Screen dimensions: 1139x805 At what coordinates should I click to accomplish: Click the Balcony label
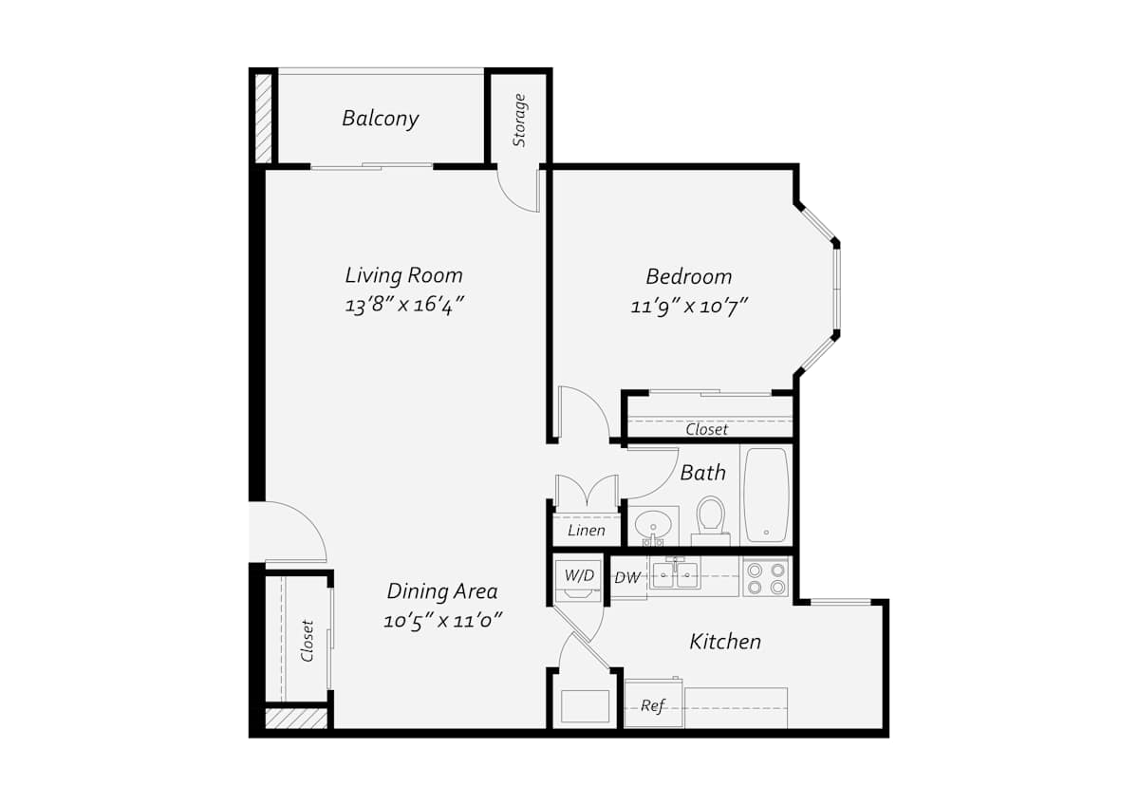(x=381, y=119)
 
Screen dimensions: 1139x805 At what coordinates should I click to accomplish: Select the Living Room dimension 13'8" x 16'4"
(x=404, y=305)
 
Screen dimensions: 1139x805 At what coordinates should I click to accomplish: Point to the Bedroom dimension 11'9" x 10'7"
(x=689, y=307)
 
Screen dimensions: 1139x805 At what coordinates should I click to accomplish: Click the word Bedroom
(x=689, y=276)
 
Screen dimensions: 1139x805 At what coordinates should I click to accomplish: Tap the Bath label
(x=702, y=473)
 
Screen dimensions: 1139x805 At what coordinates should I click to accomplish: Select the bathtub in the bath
(x=766, y=495)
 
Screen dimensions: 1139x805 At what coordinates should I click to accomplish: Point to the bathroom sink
(x=653, y=525)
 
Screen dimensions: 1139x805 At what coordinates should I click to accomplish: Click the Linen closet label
(x=587, y=531)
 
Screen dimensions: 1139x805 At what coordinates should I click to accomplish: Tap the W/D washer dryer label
(x=579, y=575)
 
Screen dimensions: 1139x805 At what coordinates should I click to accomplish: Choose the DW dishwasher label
(x=627, y=578)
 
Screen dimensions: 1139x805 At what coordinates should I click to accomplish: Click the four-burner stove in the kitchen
(x=766, y=578)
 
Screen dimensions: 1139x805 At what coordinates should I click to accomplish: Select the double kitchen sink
(x=675, y=573)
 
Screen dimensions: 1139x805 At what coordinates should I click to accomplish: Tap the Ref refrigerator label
(x=653, y=706)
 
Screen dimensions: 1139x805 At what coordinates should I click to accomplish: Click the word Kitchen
(x=725, y=642)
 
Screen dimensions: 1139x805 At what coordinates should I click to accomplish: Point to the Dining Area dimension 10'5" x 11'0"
(x=443, y=621)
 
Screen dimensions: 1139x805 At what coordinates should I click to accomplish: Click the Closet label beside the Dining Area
(x=307, y=640)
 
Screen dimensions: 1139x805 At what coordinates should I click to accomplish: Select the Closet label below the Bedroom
(x=707, y=430)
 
